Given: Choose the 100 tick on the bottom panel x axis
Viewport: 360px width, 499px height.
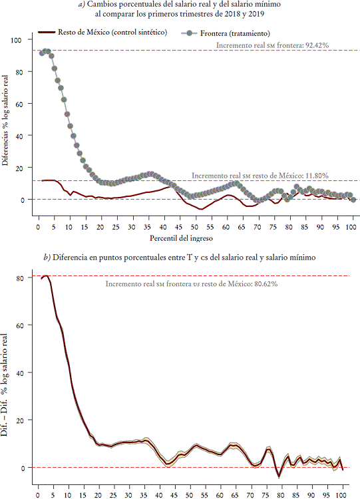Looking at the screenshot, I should click(x=342, y=494).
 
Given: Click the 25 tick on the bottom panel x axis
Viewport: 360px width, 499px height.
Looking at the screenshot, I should click(x=114, y=494).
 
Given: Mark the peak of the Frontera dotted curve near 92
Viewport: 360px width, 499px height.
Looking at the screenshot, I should click(x=46, y=51).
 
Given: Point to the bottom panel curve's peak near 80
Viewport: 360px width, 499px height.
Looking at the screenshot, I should click(x=45, y=275).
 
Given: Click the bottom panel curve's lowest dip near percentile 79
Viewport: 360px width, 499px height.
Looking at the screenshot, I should click(x=279, y=476).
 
